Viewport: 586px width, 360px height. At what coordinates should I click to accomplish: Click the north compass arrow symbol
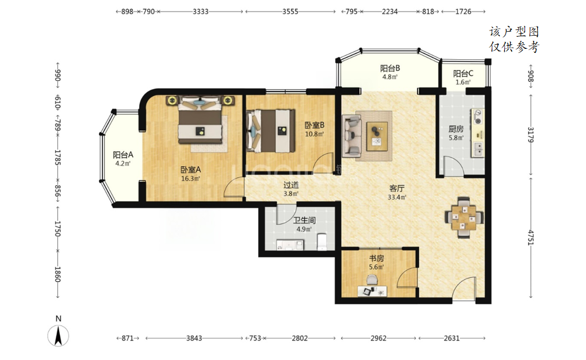[58, 336]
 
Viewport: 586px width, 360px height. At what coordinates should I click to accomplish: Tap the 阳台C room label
[463, 74]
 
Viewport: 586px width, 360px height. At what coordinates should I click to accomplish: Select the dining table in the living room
[464, 217]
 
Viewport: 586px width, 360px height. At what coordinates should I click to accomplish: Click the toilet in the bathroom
[322, 242]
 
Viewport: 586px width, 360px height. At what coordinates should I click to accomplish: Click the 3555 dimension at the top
[290, 12]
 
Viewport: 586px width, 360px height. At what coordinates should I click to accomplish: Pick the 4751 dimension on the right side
[531, 238]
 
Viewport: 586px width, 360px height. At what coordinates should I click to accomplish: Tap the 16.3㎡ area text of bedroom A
[190, 179]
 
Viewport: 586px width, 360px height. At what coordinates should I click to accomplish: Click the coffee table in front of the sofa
[377, 136]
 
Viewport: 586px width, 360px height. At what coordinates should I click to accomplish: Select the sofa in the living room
[352, 135]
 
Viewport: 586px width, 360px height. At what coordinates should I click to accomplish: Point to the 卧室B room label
[314, 125]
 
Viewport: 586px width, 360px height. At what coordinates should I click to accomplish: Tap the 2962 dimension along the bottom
[378, 338]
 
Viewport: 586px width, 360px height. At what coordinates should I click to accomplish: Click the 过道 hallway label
[291, 185]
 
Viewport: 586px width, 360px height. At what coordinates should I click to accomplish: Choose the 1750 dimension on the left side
[58, 228]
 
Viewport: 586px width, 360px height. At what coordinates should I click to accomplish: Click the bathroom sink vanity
[290, 245]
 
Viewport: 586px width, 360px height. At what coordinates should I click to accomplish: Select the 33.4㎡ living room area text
[397, 197]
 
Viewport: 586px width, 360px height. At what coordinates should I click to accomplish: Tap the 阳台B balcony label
[390, 68]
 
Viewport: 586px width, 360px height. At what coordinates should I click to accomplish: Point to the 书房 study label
[376, 258]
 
